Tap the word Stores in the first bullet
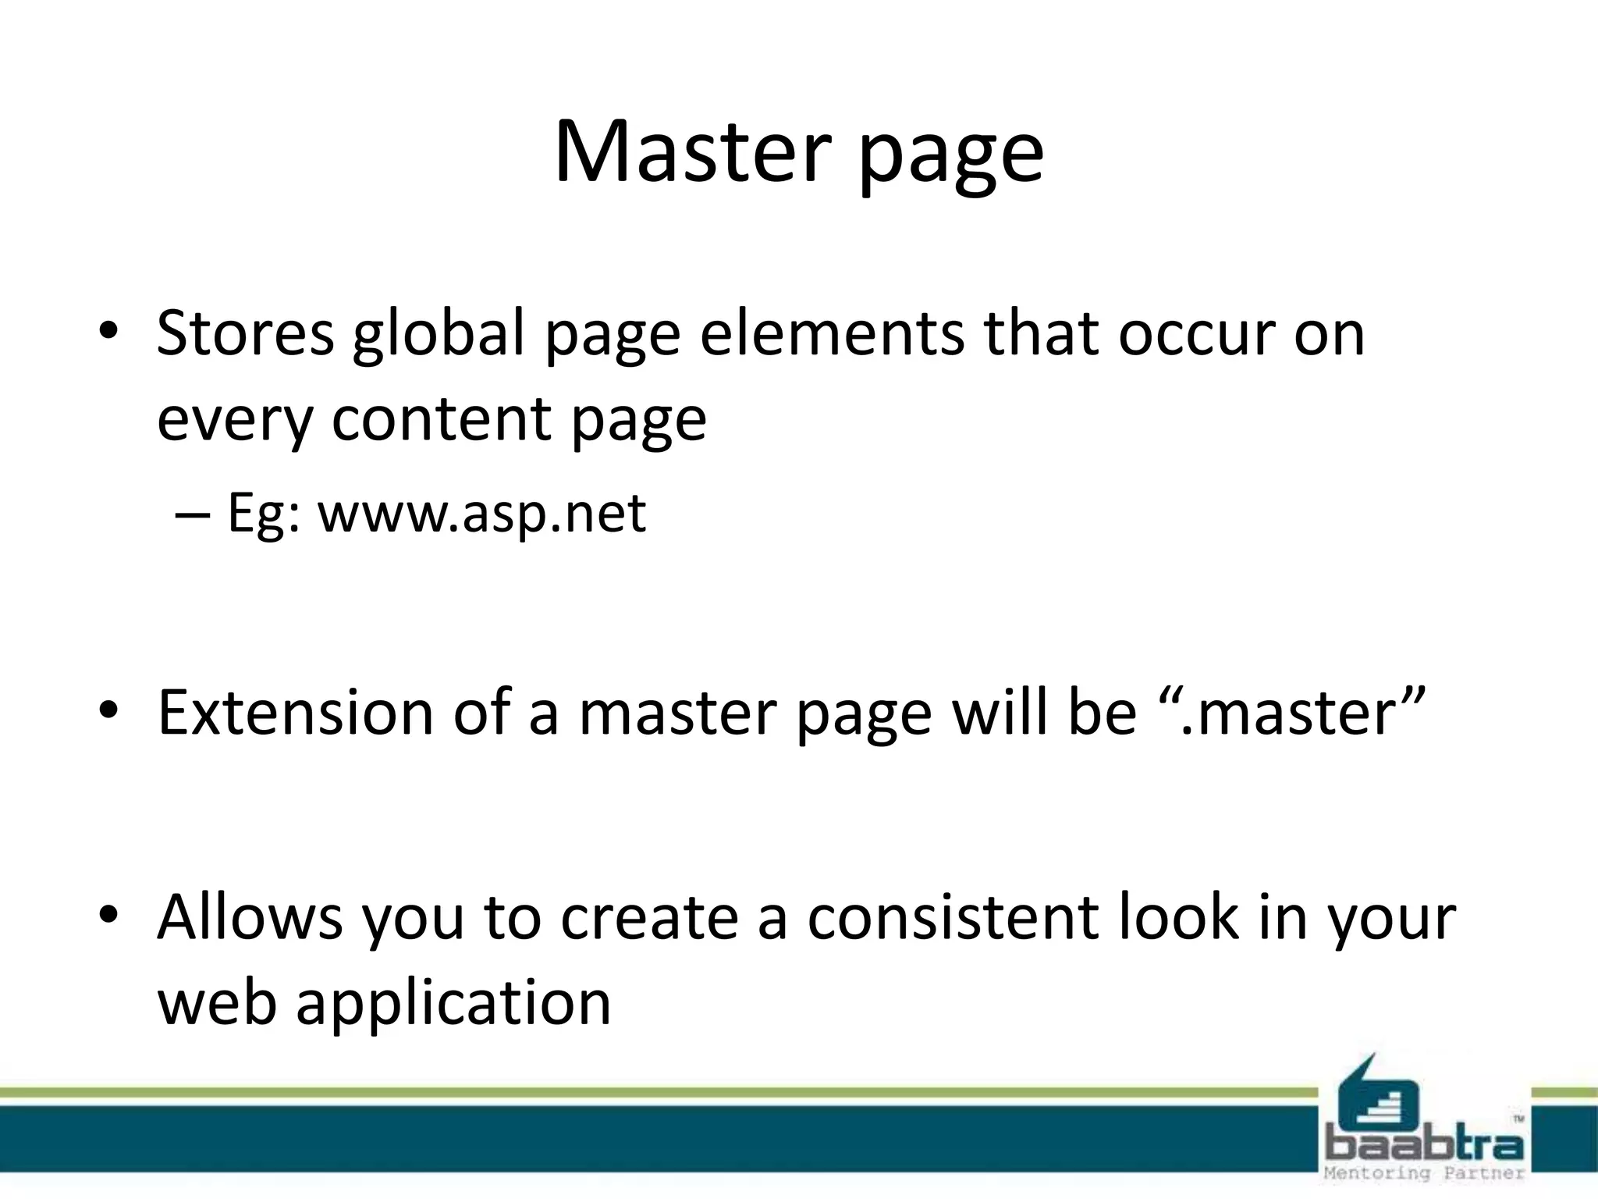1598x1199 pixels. (245, 333)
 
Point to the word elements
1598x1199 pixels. (832, 333)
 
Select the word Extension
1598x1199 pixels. (295, 713)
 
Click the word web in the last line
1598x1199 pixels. (217, 1002)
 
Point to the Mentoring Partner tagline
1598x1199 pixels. (1423, 1173)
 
